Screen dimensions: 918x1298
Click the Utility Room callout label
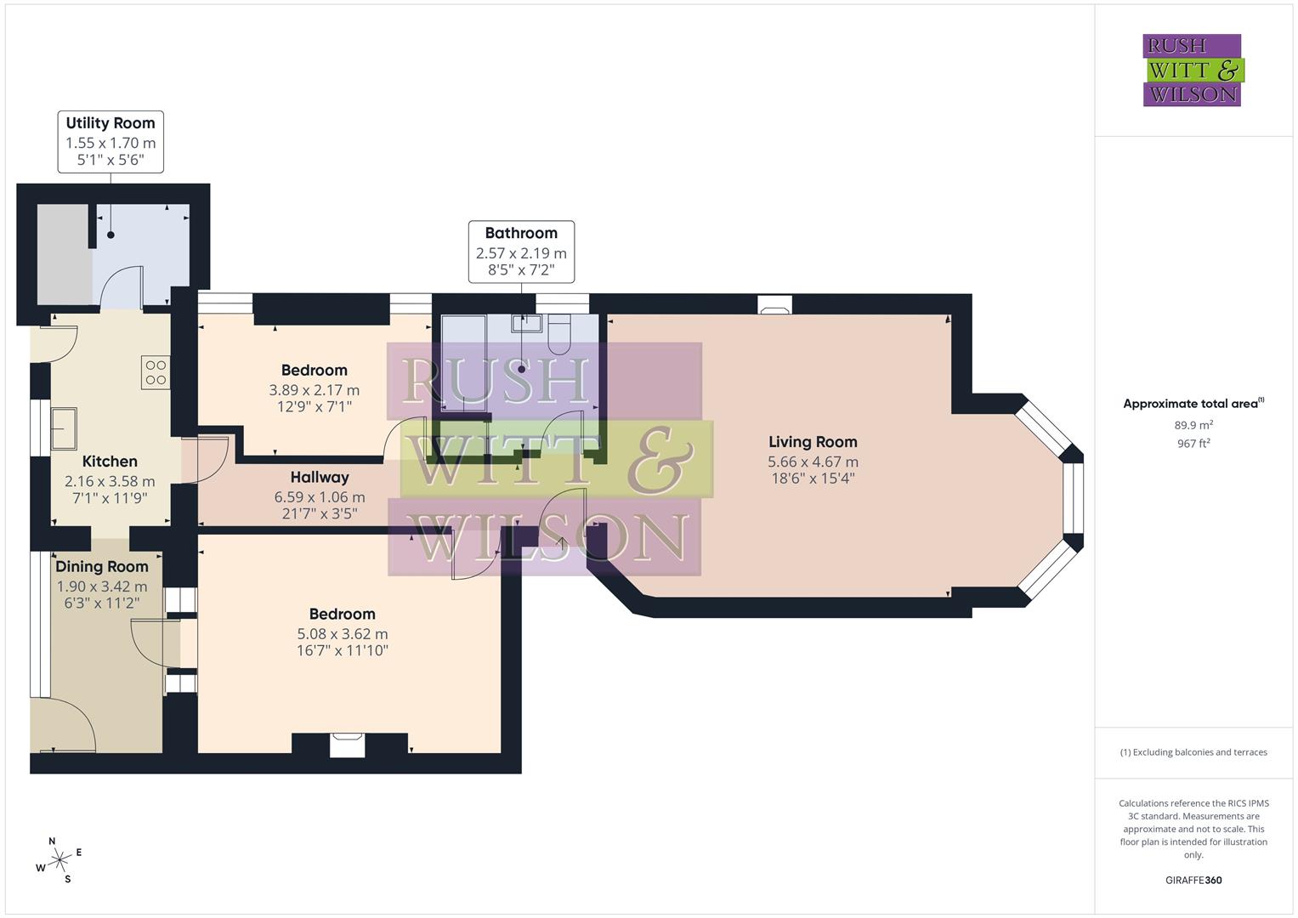[x=111, y=141]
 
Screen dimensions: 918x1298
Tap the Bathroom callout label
[x=521, y=252]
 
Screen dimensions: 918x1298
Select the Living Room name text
[x=813, y=442]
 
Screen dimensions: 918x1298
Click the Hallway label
[x=320, y=478]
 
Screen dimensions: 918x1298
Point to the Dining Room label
[x=102, y=567]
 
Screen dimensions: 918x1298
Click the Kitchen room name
[x=110, y=462]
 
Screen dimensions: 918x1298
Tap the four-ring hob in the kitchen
[x=156, y=373]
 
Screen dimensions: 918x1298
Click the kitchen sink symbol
[x=64, y=428]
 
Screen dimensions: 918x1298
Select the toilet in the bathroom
[x=559, y=334]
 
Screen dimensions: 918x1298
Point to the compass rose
[x=60, y=860]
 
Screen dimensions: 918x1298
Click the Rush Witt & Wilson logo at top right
[x=1192, y=71]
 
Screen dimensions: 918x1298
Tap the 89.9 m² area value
[x=1193, y=425]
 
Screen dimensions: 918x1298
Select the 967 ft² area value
[x=1193, y=443]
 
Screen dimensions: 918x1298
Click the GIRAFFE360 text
[x=1193, y=881]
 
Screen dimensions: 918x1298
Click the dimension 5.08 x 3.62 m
[x=342, y=634]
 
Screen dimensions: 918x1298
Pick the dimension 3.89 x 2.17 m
[x=314, y=390]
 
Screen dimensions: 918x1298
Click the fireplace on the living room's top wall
[x=774, y=305]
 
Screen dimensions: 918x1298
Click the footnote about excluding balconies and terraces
[x=1193, y=752]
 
